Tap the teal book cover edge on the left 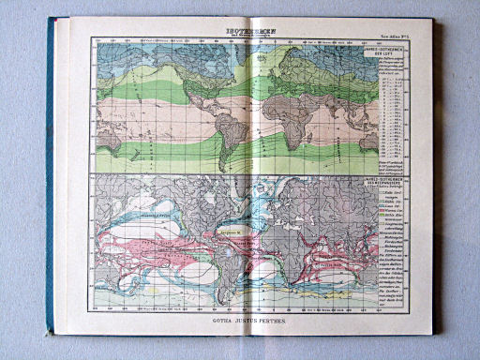tap(51, 178)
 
